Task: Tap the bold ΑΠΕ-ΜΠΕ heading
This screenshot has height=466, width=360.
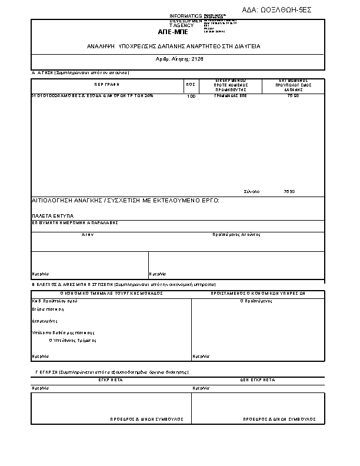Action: (176, 32)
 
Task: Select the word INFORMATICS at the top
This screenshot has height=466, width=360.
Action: (185, 15)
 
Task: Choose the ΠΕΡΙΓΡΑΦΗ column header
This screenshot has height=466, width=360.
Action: (106, 85)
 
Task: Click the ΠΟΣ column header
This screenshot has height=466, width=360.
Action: (191, 85)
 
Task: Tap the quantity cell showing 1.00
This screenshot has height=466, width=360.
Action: (191, 96)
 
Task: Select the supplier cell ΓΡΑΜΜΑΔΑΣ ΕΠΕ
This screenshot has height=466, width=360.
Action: (230, 95)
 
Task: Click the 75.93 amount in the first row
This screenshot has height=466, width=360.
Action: (293, 95)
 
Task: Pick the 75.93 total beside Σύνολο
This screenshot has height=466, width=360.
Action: (289, 192)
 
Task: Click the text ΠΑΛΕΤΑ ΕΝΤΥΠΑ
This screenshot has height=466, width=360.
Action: (49, 216)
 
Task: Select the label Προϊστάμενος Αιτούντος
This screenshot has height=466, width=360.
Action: (236, 234)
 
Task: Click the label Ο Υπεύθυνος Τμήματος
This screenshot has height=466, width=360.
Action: (72, 340)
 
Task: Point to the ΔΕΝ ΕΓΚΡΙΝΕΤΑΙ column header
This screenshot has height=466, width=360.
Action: (257, 381)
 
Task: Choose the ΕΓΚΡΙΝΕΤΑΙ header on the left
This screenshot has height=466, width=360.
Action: (110, 381)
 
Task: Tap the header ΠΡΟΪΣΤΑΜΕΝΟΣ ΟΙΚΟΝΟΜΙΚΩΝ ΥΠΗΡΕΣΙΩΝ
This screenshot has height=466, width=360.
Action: (258, 292)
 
